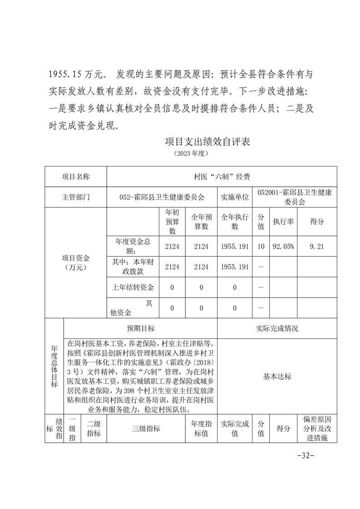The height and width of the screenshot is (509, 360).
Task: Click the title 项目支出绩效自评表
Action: click(207, 141)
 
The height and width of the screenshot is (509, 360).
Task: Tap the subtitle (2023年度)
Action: click(191, 154)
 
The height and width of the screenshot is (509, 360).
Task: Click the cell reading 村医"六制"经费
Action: click(222, 176)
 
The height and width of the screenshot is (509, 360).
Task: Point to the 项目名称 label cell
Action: click(76, 176)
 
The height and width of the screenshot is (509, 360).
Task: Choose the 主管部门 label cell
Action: click(76, 197)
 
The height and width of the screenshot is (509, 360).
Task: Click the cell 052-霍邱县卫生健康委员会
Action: click(162, 197)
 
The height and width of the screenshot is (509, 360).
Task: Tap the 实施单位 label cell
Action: click(235, 197)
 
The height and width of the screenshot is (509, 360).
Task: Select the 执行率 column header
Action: click(283, 222)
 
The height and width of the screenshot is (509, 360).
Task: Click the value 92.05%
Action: click(283, 246)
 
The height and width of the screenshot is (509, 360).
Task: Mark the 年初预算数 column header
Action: click(172, 222)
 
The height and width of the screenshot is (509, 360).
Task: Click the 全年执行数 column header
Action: click(235, 222)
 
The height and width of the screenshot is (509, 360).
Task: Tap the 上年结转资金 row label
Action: click(133, 288)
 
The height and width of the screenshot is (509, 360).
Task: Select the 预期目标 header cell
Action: click(141, 328)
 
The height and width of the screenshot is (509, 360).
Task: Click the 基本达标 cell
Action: click(277, 377)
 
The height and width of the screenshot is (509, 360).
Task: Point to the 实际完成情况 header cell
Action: click(277, 328)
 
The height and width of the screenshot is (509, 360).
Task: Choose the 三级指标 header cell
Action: click(146, 429)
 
